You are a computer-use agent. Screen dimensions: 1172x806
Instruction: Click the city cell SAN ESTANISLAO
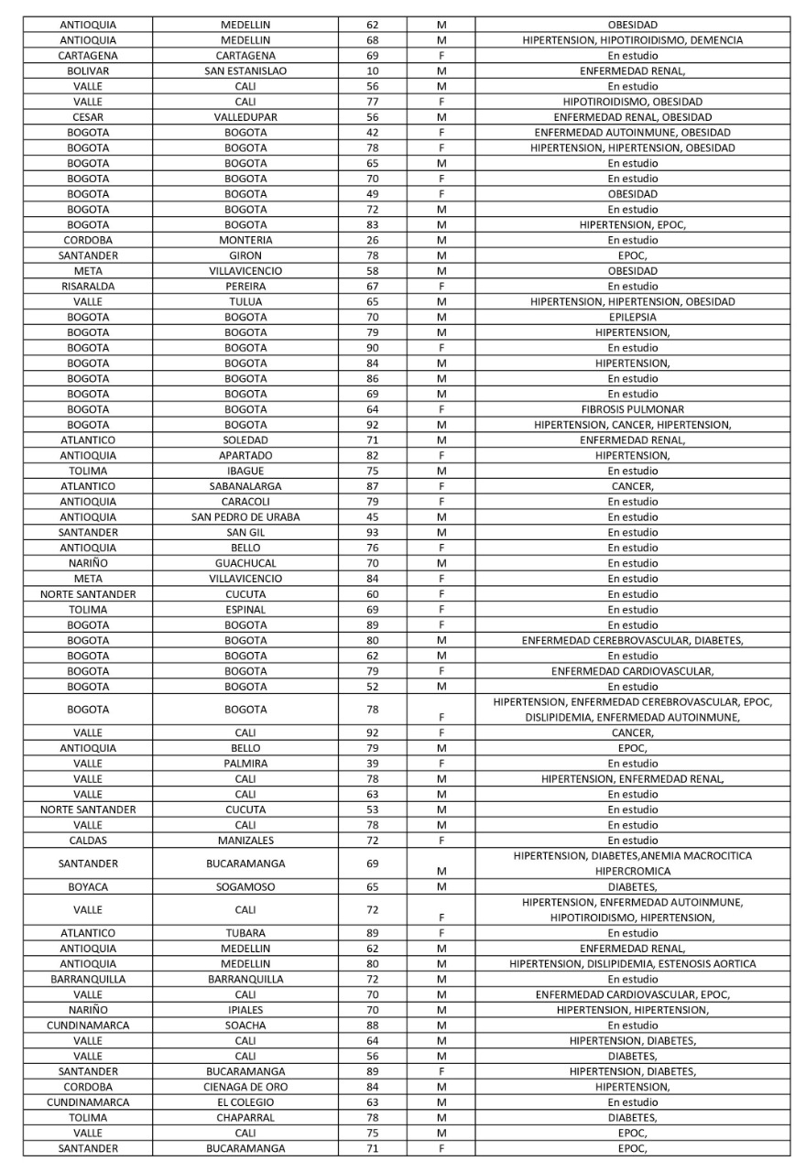245,71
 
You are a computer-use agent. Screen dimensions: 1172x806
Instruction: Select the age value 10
373,71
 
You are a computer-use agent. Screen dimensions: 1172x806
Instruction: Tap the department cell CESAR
88,117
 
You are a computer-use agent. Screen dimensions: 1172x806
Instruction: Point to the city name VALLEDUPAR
245,117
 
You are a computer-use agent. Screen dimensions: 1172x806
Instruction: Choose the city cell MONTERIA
245,240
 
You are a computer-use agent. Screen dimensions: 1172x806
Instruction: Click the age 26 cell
373,240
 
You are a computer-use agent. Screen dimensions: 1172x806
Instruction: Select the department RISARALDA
88,287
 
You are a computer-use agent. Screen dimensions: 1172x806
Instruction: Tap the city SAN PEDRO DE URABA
245,517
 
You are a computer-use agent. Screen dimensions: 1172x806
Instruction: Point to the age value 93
373,533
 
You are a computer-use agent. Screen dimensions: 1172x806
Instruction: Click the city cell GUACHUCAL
245,563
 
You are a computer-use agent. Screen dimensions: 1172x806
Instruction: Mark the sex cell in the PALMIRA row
441,764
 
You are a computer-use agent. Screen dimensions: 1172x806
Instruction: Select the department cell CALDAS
88,841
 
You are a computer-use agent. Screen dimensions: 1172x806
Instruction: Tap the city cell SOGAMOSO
245,887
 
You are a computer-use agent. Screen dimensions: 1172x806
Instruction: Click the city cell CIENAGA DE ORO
245,1087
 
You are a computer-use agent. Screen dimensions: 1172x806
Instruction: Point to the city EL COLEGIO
245,1102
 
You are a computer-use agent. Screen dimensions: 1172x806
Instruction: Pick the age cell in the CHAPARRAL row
373,1118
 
